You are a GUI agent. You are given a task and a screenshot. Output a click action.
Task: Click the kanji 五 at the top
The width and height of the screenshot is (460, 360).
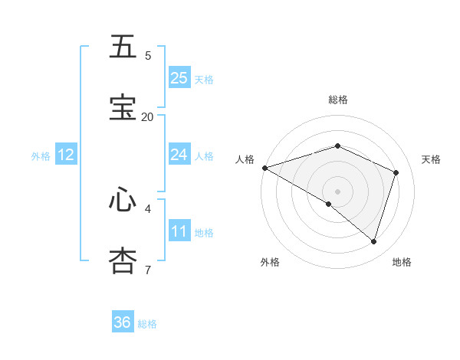pyautogui.click(x=123, y=47)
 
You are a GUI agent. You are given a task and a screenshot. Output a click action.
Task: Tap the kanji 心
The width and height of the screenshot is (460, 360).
pyautogui.click(x=123, y=199)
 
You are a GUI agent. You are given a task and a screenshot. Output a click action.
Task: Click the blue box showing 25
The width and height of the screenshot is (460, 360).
pyautogui.click(x=179, y=78)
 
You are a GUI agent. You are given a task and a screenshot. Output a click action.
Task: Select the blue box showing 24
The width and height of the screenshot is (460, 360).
pyautogui.click(x=179, y=155)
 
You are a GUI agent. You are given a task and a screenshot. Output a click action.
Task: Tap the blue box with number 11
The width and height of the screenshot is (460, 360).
pyautogui.click(x=179, y=231)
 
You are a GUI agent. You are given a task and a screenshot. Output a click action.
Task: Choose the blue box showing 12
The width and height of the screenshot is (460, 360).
pyautogui.click(x=66, y=155)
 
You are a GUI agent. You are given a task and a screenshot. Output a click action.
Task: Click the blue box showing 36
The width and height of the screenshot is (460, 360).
pyautogui.click(x=123, y=322)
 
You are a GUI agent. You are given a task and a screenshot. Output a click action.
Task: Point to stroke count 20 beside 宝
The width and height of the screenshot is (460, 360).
pyautogui.click(x=148, y=116)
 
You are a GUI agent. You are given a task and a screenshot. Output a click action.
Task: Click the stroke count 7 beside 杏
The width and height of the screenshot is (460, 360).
pyautogui.click(x=148, y=269)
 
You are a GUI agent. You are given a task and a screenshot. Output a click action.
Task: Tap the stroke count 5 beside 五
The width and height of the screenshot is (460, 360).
pyautogui.click(x=148, y=55)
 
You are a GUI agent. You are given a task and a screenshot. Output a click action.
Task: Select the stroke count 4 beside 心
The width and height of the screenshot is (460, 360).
pyautogui.click(x=148, y=208)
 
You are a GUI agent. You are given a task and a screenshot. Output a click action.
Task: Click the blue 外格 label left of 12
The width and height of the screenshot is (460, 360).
pyautogui.click(x=41, y=155)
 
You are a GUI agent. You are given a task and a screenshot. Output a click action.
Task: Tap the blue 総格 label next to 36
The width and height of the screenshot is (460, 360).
pyautogui.click(x=147, y=324)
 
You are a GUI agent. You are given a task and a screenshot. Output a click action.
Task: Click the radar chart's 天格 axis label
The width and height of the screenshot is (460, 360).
pyautogui.click(x=431, y=159)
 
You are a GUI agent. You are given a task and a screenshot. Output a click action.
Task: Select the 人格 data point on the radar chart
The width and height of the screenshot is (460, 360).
pyautogui.click(x=264, y=168)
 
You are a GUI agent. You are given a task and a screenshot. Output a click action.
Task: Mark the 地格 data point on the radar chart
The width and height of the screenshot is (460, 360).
pyautogui.click(x=373, y=241)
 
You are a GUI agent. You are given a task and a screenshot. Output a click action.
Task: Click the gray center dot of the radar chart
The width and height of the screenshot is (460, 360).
pyautogui.click(x=337, y=191)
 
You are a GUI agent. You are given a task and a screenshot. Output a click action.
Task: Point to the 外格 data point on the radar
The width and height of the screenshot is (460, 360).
pyautogui.click(x=329, y=204)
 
